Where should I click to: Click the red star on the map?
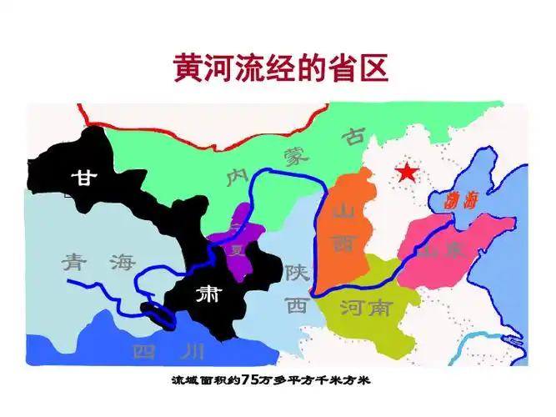pyautogui.click(x=406, y=173)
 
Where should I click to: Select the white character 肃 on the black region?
pyautogui.click(x=206, y=295)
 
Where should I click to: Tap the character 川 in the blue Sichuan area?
pyautogui.click(x=192, y=350)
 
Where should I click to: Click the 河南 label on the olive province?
pyautogui.click(x=366, y=308)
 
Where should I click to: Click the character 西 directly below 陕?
pyautogui.click(x=297, y=304)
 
